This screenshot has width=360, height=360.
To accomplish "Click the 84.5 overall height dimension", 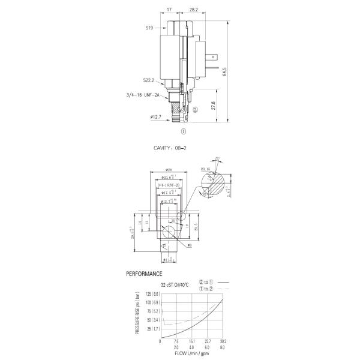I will point(224,71).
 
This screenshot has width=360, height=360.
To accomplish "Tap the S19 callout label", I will point(149,28).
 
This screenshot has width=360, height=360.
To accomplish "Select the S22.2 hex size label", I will point(151,80).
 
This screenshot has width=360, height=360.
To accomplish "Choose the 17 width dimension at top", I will point(170,10).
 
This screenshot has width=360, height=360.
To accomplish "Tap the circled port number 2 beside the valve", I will point(196,110).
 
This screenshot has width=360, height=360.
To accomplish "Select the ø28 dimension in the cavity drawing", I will point(169,169).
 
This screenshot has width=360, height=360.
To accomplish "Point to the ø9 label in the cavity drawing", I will point(189,245).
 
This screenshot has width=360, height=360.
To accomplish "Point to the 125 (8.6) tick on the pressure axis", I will point(151,294).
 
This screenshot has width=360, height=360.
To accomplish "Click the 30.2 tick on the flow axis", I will point(223,341).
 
